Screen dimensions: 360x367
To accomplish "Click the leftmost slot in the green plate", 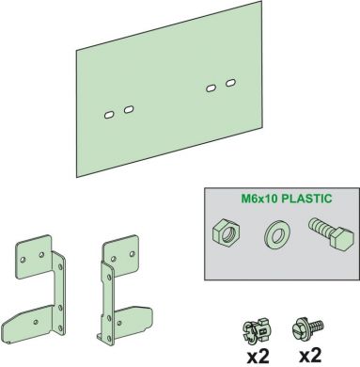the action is point(108,115).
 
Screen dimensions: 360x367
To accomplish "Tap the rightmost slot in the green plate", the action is point(230,83).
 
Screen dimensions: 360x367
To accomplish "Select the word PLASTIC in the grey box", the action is point(306,199).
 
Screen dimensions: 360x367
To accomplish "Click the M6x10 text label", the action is point(259,199).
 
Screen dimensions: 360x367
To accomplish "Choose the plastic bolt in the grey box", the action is point(331,233).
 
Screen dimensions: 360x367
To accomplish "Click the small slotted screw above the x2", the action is point(307,327).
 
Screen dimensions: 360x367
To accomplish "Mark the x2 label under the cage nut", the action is point(258,356).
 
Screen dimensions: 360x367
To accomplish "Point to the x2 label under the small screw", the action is point(310,355).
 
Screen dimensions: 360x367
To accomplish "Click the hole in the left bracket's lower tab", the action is point(36,322).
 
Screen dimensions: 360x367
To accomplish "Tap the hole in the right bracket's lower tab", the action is point(119,323).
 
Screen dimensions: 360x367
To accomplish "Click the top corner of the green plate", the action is point(261,1).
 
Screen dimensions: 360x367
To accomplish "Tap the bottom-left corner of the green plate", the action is point(77,177).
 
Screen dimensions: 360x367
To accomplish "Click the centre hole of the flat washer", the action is point(276,235).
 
